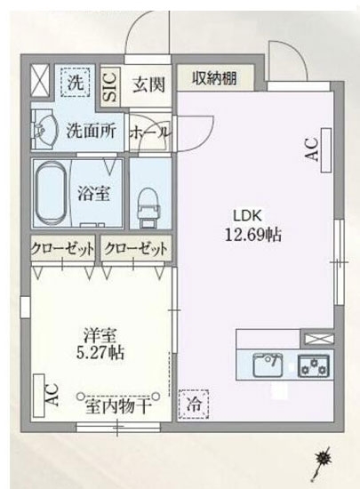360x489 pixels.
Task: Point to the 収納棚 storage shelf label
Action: pyautogui.click(x=213, y=77)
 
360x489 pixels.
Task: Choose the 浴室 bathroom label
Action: pyautogui.click(x=91, y=190)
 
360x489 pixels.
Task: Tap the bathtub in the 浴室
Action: pyautogui.click(x=55, y=193)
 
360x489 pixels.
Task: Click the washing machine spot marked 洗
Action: pyautogui.click(x=76, y=82)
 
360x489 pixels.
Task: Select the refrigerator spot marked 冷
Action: pyautogui.click(x=195, y=405)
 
